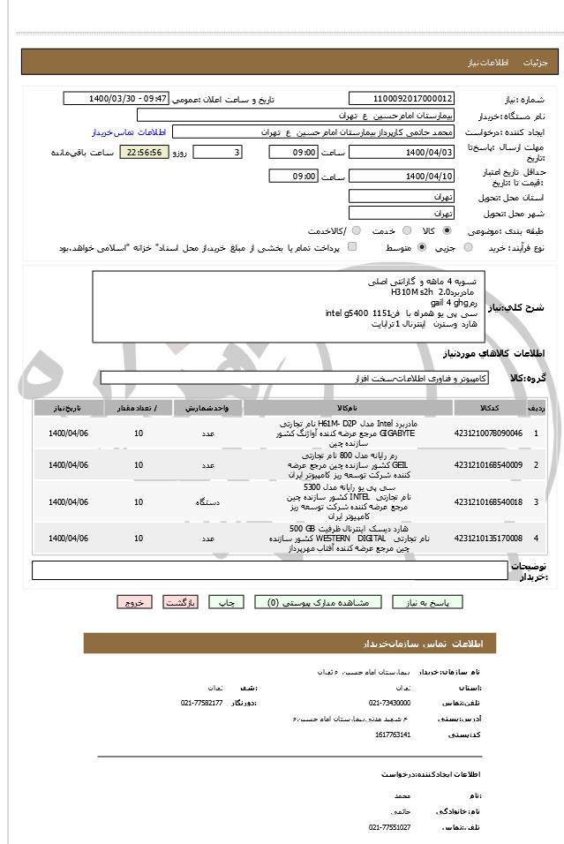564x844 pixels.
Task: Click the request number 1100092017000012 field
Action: click(x=402, y=99)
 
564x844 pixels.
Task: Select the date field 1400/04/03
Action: click(x=402, y=153)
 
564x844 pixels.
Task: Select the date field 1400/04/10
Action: click(x=402, y=177)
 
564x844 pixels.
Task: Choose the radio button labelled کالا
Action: click(x=446, y=230)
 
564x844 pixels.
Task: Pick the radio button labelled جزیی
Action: click(x=468, y=248)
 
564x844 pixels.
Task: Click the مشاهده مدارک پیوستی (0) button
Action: click(x=318, y=602)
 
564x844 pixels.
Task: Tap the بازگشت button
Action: click(x=179, y=602)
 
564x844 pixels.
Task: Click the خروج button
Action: click(x=134, y=602)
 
